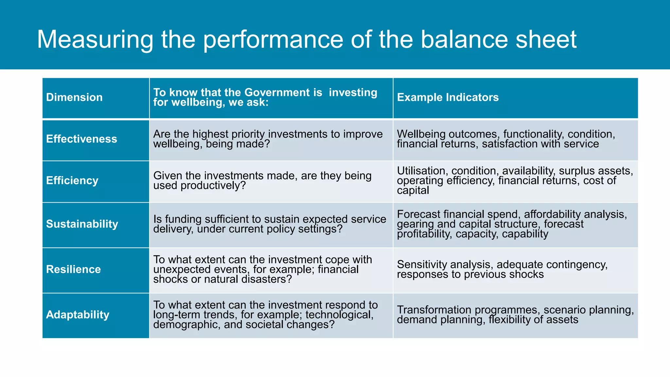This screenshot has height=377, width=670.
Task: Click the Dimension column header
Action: click(x=74, y=98)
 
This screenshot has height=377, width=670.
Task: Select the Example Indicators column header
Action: click(x=448, y=98)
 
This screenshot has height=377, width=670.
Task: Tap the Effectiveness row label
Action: click(x=81, y=139)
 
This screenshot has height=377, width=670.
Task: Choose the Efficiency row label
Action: click(x=72, y=181)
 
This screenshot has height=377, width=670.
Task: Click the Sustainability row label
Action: click(x=82, y=224)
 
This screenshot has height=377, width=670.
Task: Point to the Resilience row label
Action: click(x=73, y=269)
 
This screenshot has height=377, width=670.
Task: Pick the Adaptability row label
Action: click(x=78, y=315)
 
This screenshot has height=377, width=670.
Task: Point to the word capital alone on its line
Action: click(x=413, y=190)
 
